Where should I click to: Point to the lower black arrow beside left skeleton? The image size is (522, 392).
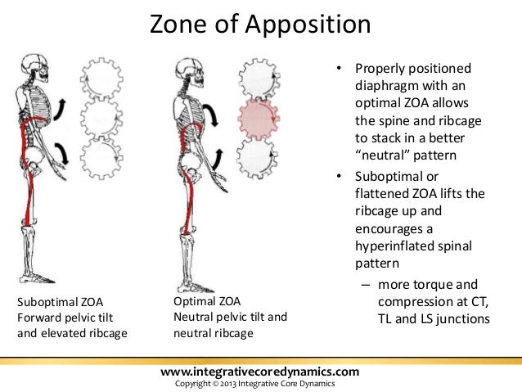62,151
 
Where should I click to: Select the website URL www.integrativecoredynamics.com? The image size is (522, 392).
261,373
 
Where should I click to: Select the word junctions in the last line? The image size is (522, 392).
458,318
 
